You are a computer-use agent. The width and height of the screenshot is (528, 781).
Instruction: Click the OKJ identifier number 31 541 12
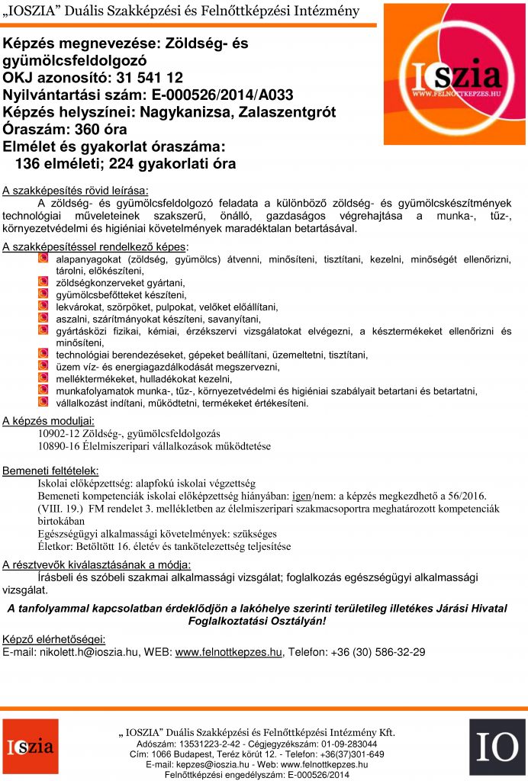coord(160,77)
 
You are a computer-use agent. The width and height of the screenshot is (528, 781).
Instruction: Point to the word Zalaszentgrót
coord(288,112)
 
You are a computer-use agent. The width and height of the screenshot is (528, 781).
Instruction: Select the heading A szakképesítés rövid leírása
coord(76,190)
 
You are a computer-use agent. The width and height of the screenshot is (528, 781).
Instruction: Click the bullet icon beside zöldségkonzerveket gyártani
coord(43,282)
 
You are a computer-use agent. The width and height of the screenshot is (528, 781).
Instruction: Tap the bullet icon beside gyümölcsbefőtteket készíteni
coord(43,294)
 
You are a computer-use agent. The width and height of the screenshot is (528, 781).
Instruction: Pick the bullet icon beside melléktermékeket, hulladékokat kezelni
coord(43,378)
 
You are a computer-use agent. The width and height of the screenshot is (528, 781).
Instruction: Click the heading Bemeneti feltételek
coord(50,470)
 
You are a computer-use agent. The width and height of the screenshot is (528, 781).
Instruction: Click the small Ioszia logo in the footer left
coord(30,747)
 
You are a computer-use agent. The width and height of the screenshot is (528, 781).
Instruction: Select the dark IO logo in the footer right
coord(497,747)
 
